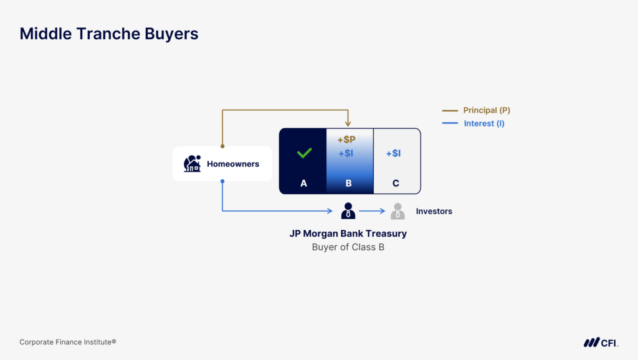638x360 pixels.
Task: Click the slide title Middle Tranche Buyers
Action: pyautogui.click(x=109, y=34)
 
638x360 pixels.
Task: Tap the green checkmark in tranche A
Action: pyautogui.click(x=304, y=153)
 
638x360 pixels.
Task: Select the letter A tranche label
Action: pyautogui.click(x=303, y=183)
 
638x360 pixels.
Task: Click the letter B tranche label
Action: pyautogui.click(x=348, y=183)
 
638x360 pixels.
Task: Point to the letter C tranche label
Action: pyautogui.click(x=396, y=183)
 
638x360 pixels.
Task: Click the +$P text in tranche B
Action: pyautogui.click(x=346, y=140)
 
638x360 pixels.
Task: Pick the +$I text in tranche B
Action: pyautogui.click(x=346, y=153)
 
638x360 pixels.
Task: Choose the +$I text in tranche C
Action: pyautogui.click(x=393, y=153)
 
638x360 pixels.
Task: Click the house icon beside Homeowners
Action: pyautogui.click(x=192, y=164)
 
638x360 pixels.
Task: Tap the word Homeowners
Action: pyautogui.click(x=233, y=164)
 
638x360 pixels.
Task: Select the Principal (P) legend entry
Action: pyautogui.click(x=486, y=110)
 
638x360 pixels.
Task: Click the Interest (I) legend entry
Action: pyautogui.click(x=483, y=123)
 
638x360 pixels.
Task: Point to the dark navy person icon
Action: pyautogui.click(x=348, y=211)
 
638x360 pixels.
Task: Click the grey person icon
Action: pyautogui.click(x=398, y=211)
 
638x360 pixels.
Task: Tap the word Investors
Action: pyautogui.click(x=434, y=211)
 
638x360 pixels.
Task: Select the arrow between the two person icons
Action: pyautogui.click(x=373, y=211)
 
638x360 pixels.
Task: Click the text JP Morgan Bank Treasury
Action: pyautogui.click(x=348, y=234)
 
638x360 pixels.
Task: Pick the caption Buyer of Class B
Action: pyautogui.click(x=348, y=247)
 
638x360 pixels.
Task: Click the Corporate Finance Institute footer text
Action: pyautogui.click(x=68, y=342)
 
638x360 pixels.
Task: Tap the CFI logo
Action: pyautogui.click(x=601, y=342)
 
